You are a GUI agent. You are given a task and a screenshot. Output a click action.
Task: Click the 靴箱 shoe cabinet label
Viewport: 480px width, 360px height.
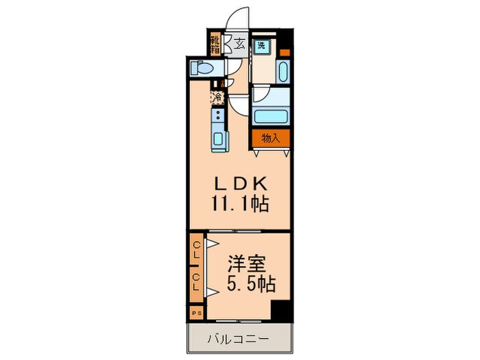click(x=215, y=44)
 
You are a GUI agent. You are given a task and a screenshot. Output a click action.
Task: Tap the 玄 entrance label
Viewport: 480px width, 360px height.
click(x=239, y=44)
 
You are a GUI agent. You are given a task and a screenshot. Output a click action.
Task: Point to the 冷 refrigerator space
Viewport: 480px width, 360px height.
click(x=217, y=97)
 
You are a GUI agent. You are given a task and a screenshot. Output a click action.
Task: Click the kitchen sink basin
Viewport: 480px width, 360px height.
click(x=218, y=140)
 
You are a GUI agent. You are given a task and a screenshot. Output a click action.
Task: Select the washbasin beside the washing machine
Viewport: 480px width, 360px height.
click(x=283, y=71)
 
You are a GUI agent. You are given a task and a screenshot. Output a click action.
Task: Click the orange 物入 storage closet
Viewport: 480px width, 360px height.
click(x=271, y=138)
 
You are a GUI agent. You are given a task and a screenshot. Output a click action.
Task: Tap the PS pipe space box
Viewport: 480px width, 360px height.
click(x=196, y=313)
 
